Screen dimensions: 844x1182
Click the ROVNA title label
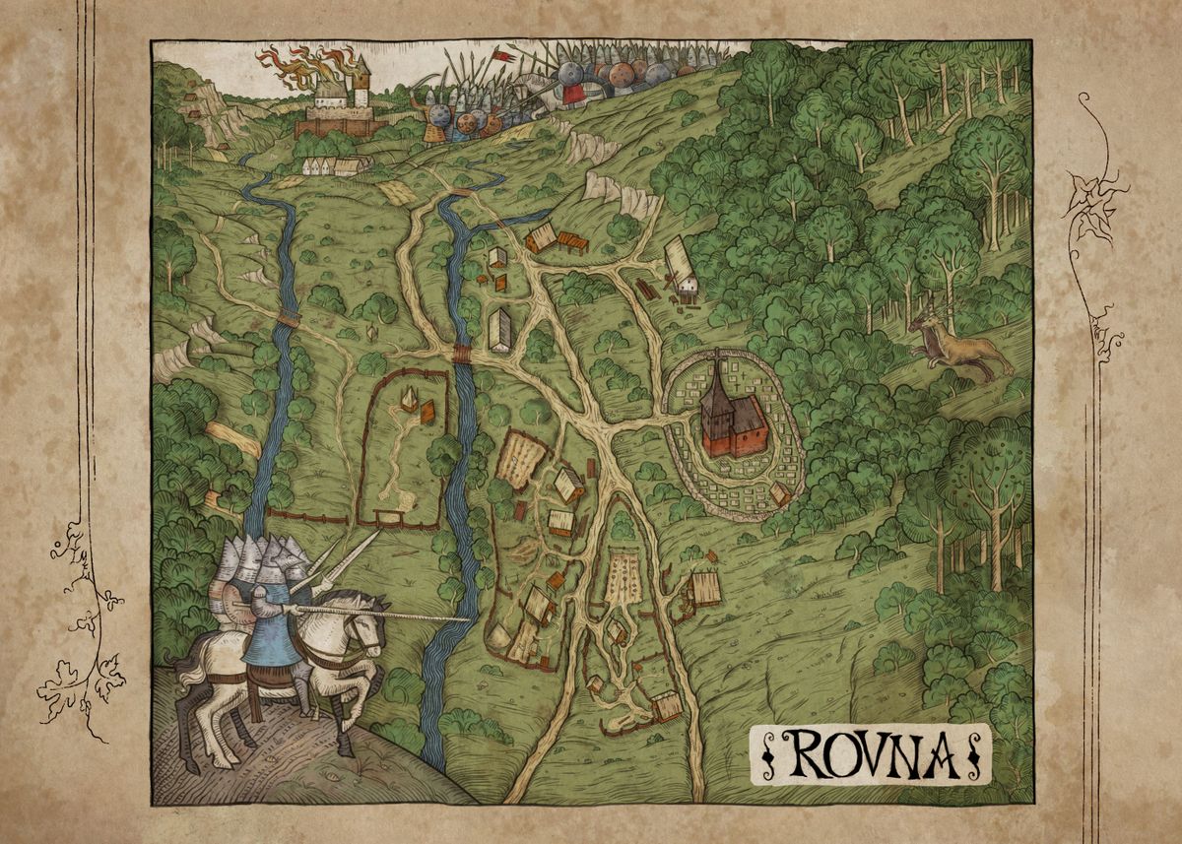(871, 754)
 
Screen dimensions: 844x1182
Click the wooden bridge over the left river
(289, 317)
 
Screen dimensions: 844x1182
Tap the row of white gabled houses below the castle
(335, 165)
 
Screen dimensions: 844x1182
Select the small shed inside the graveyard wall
(780, 492)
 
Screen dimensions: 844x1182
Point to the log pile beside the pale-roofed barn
(647, 291)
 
